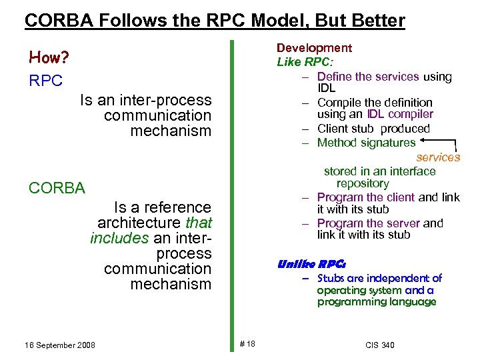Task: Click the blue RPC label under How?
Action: (46, 81)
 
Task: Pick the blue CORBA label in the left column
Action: (57, 188)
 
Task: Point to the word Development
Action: (314, 48)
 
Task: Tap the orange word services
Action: (438, 157)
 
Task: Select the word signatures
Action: (388, 143)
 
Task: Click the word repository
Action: (362, 183)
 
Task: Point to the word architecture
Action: (139, 222)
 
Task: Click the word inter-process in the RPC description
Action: (171, 101)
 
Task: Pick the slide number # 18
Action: (247, 344)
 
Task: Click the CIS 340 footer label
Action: (380, 345)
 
